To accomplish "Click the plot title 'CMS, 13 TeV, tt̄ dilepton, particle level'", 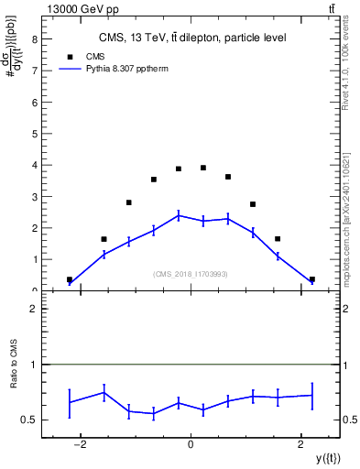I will (192, 38).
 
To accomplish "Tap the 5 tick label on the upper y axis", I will (35, 134).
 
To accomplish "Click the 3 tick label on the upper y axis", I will (35, 197).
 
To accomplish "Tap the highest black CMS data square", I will (203, 168).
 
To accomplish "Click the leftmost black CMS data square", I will (70, 279).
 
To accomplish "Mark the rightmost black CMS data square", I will (312, 279).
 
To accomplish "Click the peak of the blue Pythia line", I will (179, 215).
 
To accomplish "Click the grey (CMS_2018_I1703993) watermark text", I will (191, 273).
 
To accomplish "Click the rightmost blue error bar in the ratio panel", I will (312, 396).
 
